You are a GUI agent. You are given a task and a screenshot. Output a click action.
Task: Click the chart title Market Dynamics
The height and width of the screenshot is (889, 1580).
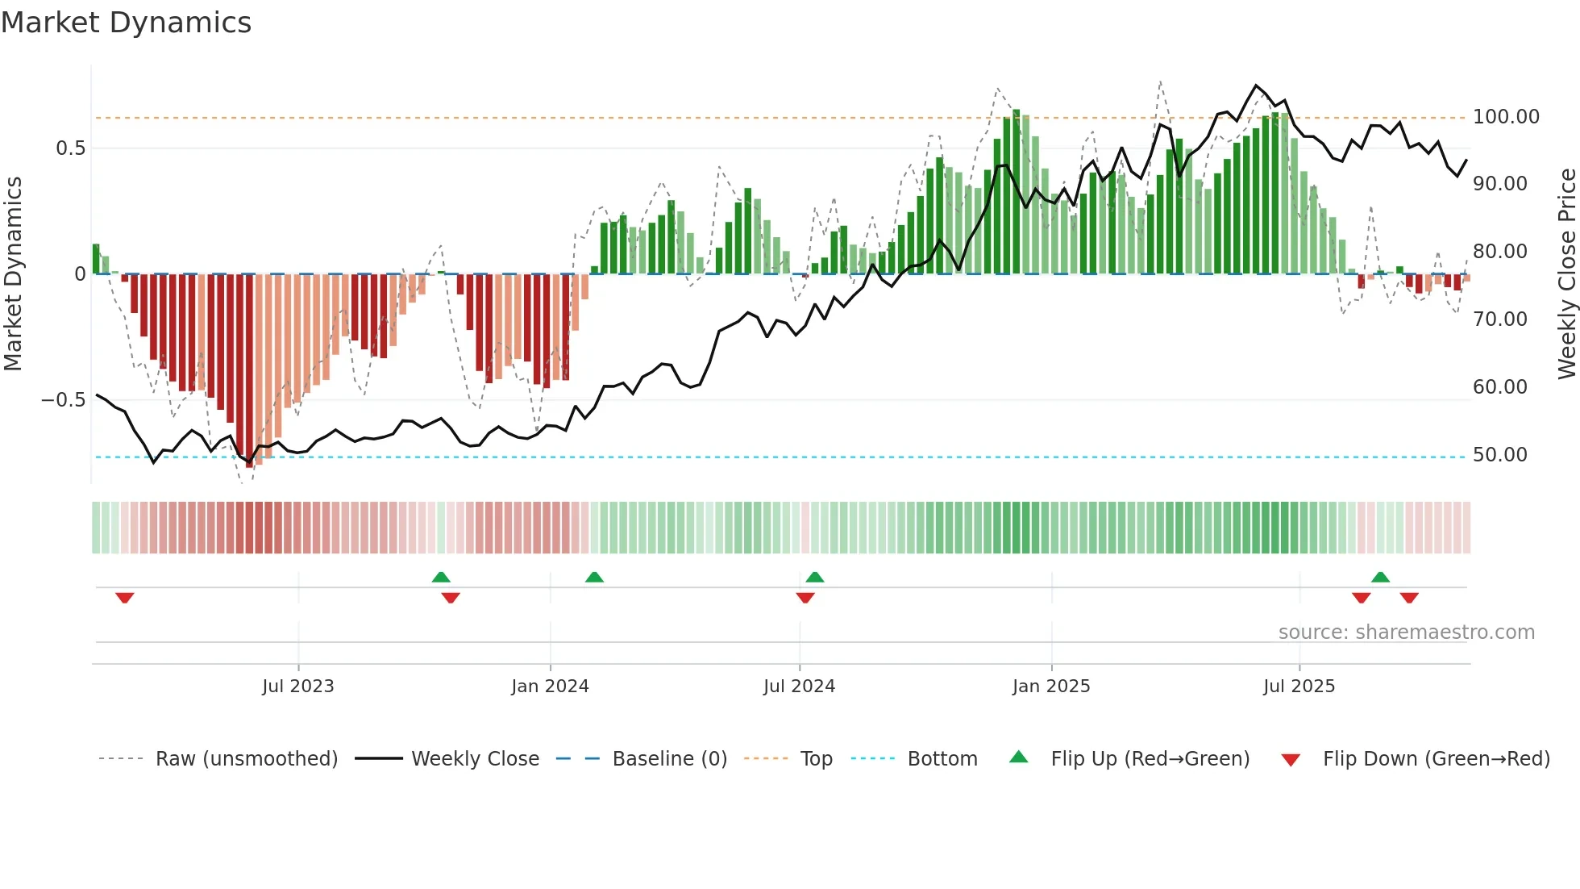pos(126,23)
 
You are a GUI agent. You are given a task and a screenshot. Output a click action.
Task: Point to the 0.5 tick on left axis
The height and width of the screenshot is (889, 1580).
pos(70,148)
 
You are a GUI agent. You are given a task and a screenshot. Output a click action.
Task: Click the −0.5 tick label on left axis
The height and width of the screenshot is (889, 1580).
pos(63,400)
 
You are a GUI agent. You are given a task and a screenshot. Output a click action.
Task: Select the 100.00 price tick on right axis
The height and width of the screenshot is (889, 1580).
pos(1506,117)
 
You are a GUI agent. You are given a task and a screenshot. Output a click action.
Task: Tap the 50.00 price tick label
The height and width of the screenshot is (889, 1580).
pos(1499,455)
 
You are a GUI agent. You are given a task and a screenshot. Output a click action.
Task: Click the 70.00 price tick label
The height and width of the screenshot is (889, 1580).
pos(1499,319)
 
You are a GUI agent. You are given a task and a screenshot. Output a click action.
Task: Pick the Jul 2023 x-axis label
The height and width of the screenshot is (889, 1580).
pos(297,687)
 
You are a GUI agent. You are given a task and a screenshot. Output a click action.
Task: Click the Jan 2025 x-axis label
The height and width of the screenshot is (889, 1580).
pos(1051,687)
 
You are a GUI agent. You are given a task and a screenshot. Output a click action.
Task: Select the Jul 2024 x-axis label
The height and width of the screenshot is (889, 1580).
pos(799,687)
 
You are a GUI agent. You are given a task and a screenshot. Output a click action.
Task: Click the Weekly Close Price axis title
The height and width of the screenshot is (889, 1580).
pos(1566,274)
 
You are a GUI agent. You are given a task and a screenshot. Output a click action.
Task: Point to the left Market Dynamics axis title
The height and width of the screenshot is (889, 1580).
pos(13,274)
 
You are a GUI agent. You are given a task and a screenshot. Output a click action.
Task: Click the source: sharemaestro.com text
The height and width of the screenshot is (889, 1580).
pos(1406,632)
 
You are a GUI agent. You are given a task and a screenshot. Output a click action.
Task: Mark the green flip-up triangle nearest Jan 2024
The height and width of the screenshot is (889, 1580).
pos(594,577)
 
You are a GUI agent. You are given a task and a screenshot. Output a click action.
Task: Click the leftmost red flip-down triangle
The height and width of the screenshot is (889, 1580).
pos(124,598)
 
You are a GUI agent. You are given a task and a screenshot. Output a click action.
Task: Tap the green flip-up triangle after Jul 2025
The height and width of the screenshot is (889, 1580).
pos(1380,577)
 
